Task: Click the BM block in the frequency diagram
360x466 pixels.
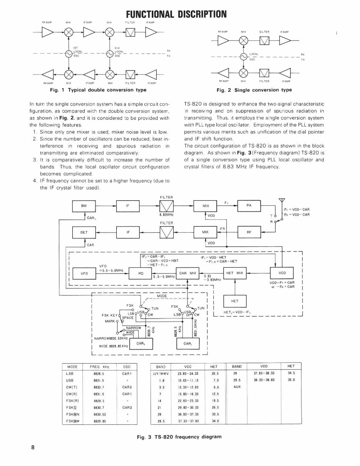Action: tap(84, 206)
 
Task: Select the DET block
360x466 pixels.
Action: tap(84, 233)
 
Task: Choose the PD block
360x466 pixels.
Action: tap(141, 274)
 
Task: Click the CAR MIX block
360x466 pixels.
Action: tap(188, 273)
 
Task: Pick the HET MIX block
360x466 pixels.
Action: tap(235, 273)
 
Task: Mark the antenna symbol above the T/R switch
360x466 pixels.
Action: tap(282, 200)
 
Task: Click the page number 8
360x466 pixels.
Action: tap(33, 447)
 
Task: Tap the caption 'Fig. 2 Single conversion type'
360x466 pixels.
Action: tap(254, 90)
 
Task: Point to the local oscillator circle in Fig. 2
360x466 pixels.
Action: tap(243, 57)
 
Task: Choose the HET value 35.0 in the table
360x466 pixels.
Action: tap(291, 380)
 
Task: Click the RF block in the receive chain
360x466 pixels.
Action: tap(249, 233)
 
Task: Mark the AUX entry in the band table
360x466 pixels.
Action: tap(237, 386)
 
